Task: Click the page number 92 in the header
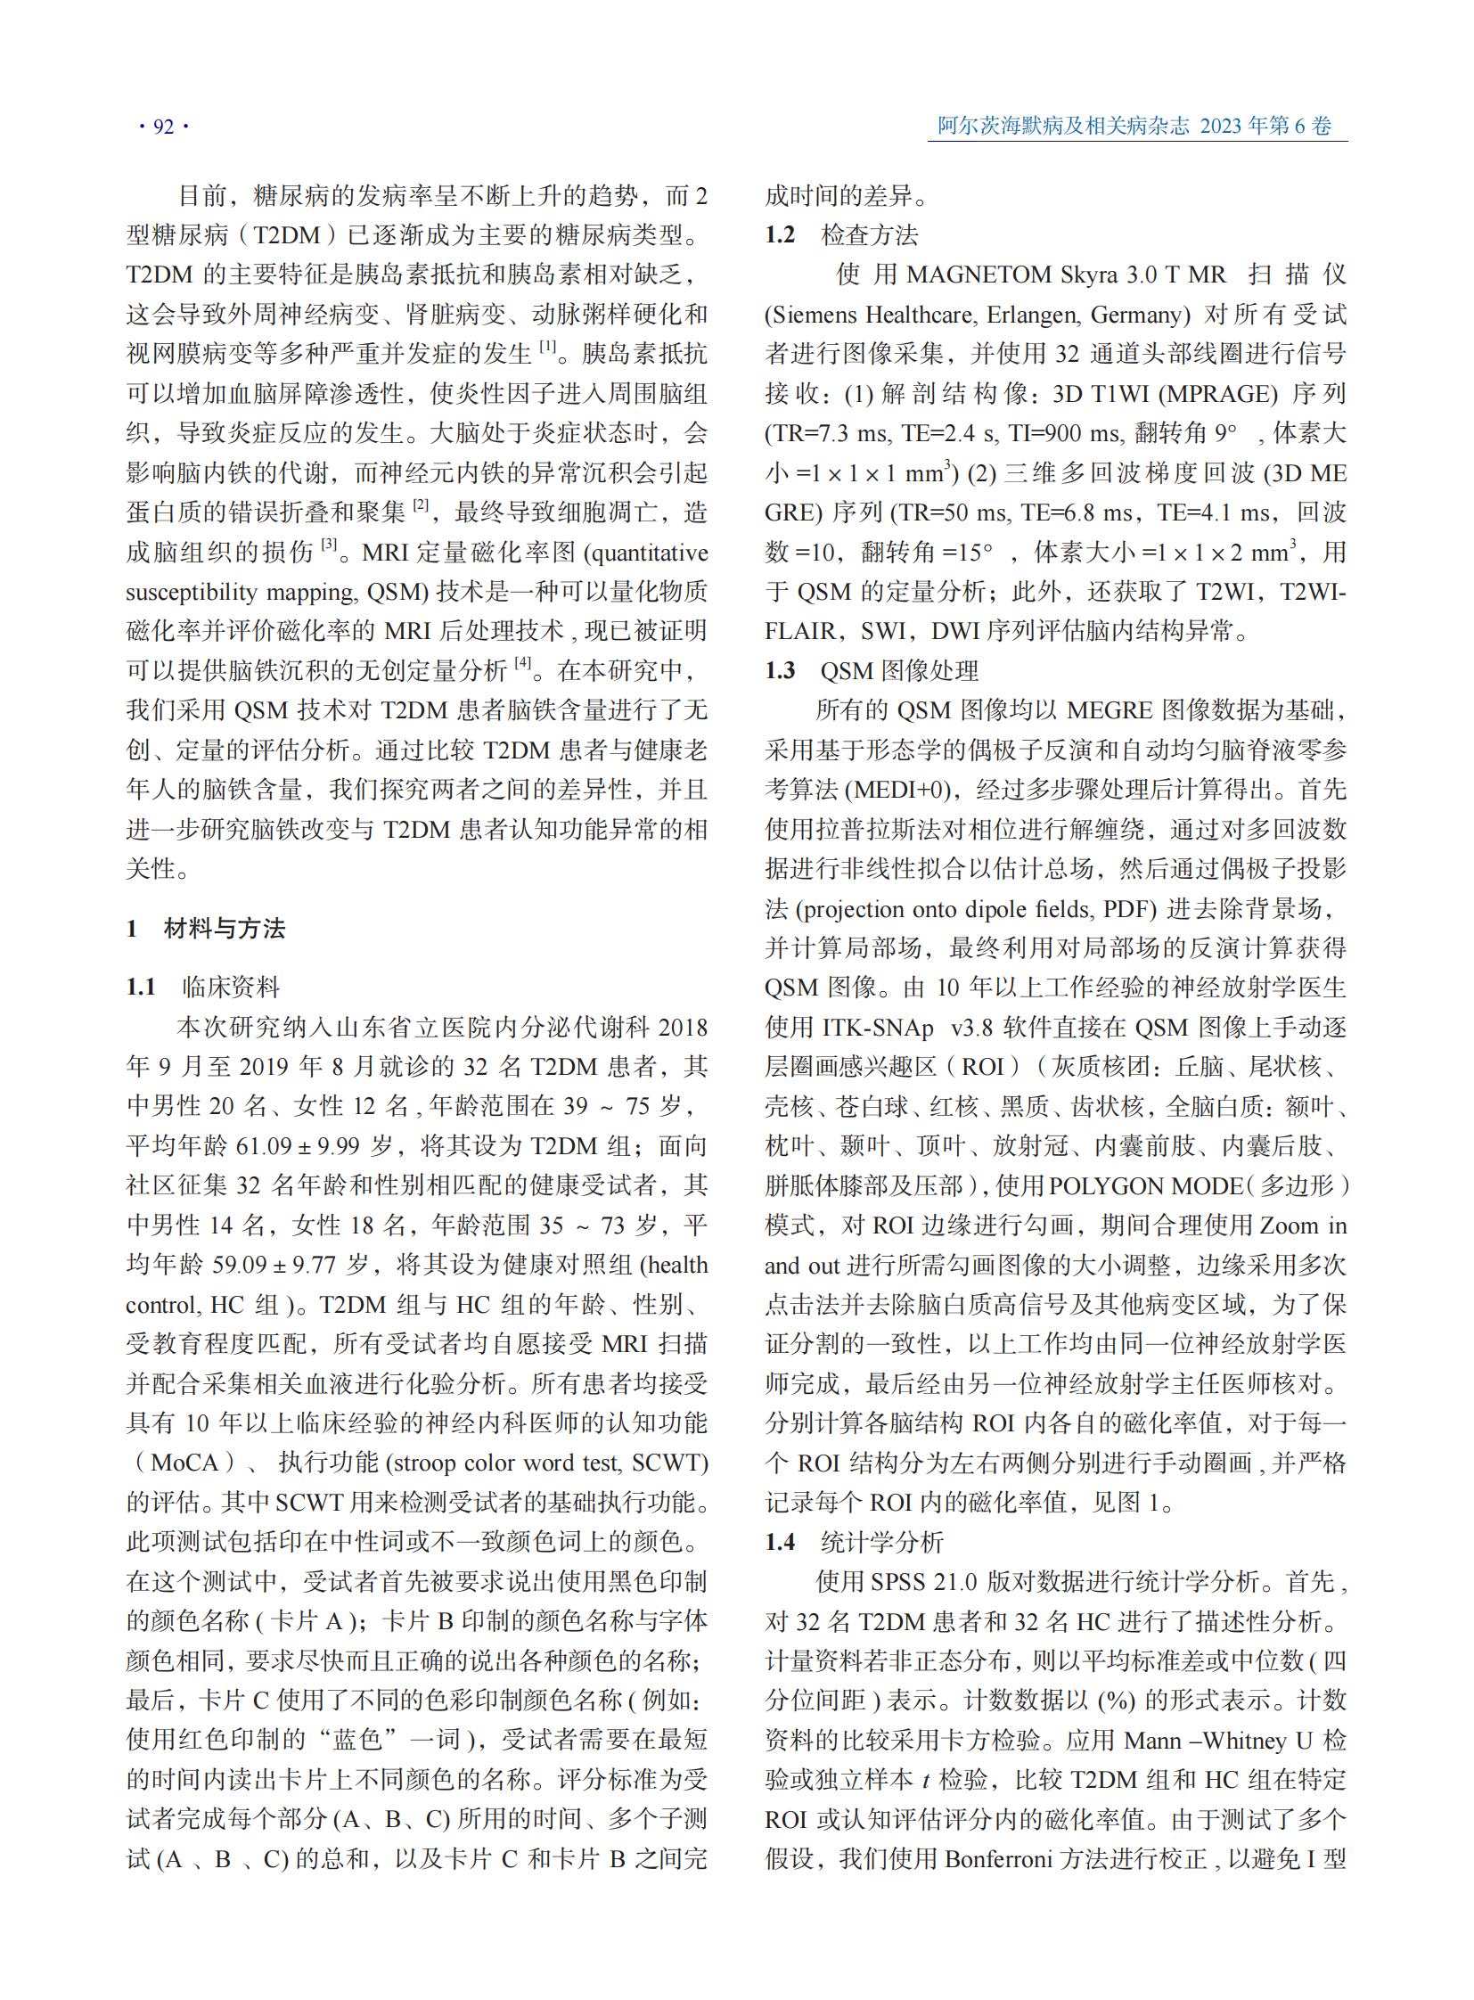[163, 127]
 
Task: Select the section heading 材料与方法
[225, 929]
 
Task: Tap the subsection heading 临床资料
[231, 987]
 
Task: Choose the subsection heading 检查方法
[870, 234]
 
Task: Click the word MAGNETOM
[978, 275]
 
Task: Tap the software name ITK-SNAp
[878, 1028]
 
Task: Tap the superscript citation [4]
[522, 664]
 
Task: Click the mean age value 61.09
[264, 1146]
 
